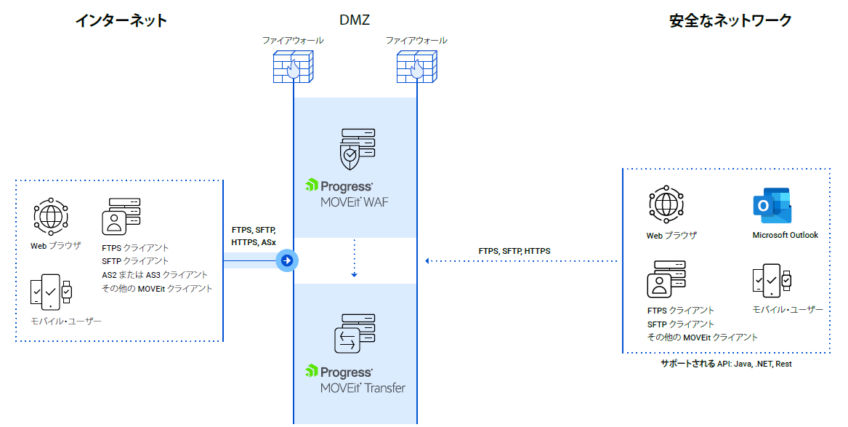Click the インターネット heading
(121, 20)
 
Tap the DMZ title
(355, 20)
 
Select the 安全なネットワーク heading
(730, 20)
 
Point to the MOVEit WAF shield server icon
(356, 149)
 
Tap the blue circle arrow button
(287, 260)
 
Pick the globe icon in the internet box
(50, 217)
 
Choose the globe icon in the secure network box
(666, 204)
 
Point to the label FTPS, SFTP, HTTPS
(514, 251)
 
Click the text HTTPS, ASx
(253, 242)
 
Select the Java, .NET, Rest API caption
(726, 364)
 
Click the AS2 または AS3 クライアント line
(155, 275)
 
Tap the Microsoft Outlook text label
(786, 235)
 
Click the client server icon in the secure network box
(666, 279)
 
